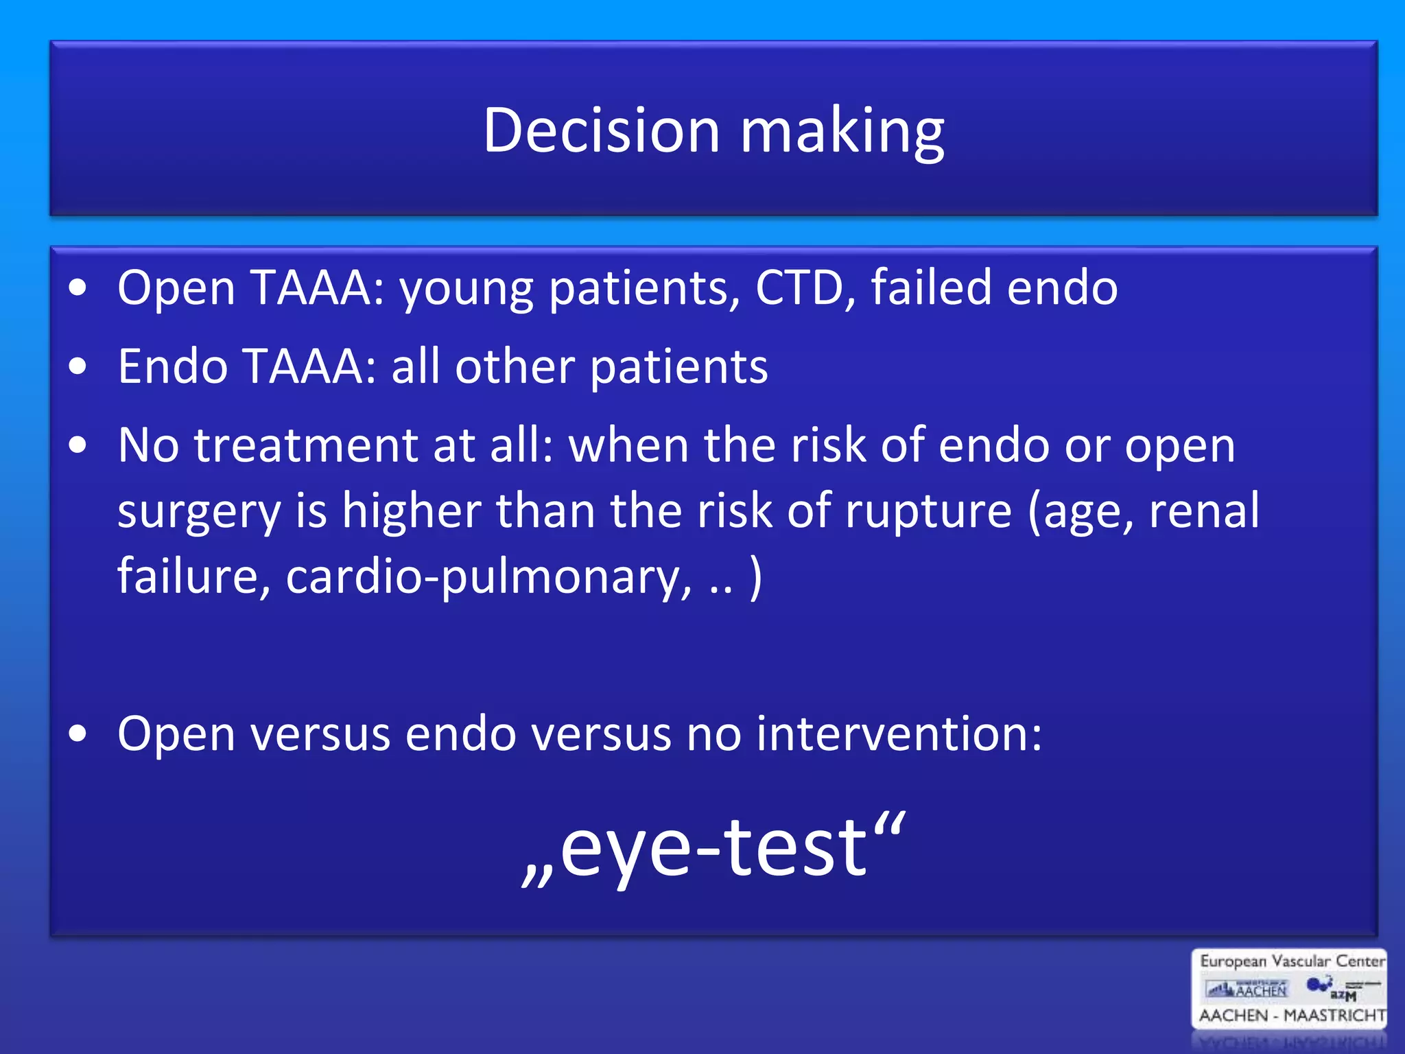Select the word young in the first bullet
click(467, 290)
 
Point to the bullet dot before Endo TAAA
click(78, 366)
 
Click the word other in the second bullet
click(515, 366)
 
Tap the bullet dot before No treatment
click(78, 445)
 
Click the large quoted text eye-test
click(713, 850)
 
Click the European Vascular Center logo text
click(1292, 961)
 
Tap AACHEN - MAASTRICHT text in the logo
click(1292, 1015)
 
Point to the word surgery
click(199, 513)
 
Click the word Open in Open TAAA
click(176, 288)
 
